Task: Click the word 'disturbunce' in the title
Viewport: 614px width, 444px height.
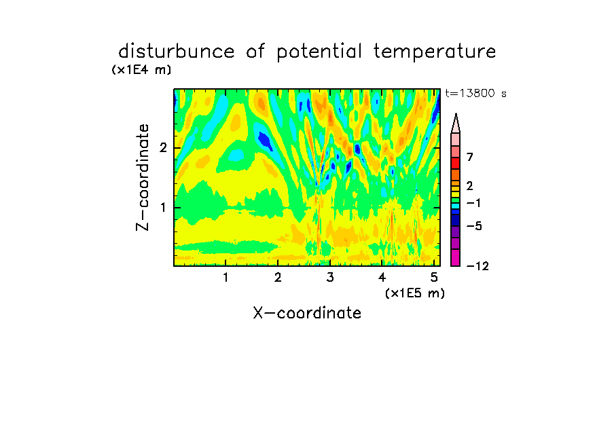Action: [x=177, y=52]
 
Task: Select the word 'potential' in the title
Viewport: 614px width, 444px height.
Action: [x=319, y=52]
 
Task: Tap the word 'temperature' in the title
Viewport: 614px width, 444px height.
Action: [x=435, y=52]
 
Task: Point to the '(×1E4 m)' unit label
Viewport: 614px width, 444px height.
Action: [x=141, y=70]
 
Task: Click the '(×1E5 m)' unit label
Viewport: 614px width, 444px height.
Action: [x=415, y=293]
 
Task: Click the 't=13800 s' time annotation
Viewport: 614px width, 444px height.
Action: [x=475, y=93]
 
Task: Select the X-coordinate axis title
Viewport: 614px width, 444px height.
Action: [x=307, y=313]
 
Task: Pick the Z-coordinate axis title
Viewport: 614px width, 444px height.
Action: [x=143, y=177]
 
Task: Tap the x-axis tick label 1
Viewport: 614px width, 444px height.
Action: [x=225, y=278]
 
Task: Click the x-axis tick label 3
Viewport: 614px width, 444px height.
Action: [x=330, y=278]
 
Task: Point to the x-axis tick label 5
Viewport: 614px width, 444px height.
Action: [x=434, y=278]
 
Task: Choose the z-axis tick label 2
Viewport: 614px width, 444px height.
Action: [x=163, y=148]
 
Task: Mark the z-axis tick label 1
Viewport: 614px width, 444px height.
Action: [x=163, y=208]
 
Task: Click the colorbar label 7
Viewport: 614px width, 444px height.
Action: [x=470, y=158]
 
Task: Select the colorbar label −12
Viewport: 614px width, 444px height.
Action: [x=477, y=266]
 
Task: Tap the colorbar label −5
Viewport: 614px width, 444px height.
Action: [x=474, y=226]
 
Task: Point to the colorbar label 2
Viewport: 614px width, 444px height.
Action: [x=470, y=186]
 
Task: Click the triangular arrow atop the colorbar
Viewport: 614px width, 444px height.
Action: [x=456, y=124]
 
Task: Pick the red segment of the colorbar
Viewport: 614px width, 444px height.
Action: [x=456, y=163]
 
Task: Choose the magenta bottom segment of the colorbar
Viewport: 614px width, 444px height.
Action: [x=456, y=257]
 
